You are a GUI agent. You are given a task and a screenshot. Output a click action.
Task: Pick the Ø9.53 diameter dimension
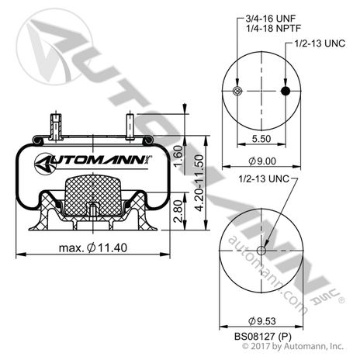[x=261, y=319]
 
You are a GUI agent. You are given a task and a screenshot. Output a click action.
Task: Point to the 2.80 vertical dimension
[x=178, y=211]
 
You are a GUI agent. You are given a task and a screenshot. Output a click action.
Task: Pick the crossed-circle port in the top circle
[x=237, y=92]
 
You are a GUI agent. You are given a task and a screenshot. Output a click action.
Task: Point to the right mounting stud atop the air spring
[x=129, y=124]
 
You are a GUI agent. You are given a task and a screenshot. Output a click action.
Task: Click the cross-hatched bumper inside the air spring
[x=92, y=194]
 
